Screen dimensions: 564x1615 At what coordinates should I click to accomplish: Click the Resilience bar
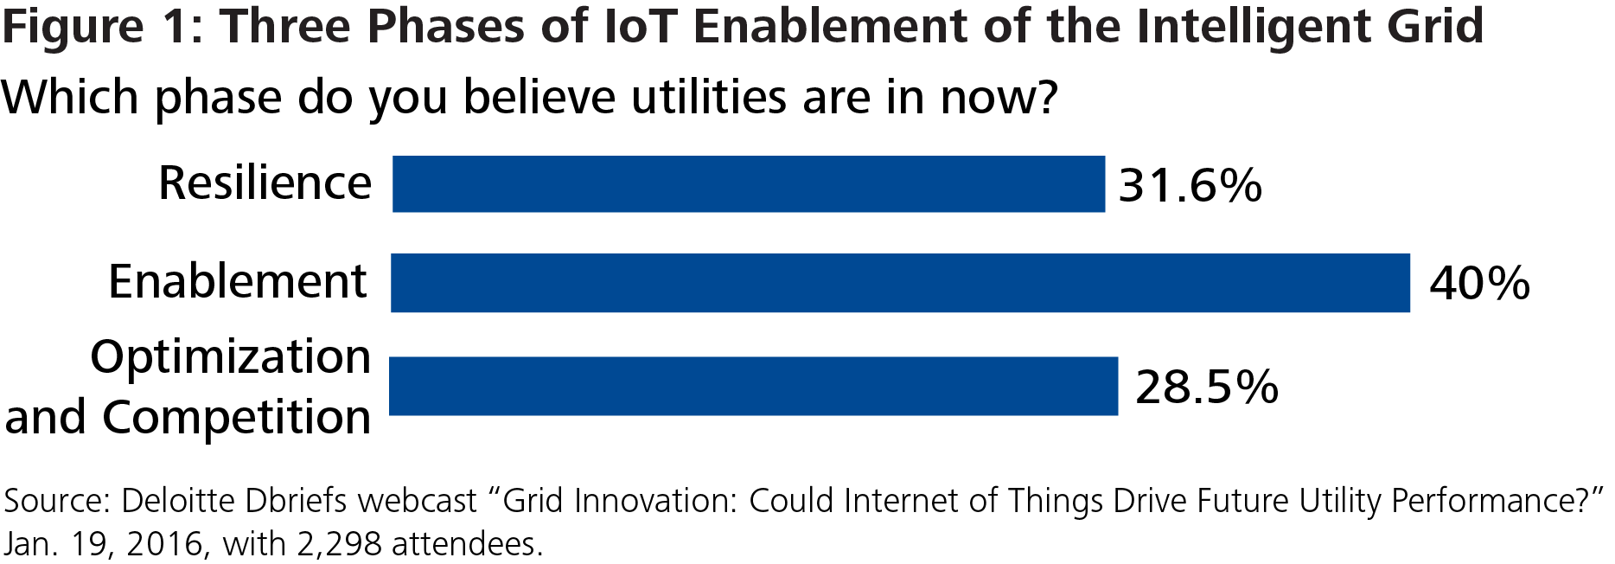[x=748, y=184]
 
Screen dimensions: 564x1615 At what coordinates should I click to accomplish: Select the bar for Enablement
[x=899, y=283]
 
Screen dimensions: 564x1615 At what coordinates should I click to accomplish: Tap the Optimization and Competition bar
[x=752, y=387]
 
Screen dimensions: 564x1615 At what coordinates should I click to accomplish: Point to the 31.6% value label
[x=1190, y=185]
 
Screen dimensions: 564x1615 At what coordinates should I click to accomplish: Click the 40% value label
[x=1478, y=284]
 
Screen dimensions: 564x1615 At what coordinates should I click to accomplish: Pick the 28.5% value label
[x=1206, y=387]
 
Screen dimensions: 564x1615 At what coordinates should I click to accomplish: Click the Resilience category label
[x=265, y=183]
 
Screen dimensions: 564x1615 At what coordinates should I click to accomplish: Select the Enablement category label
[x=238, y=282]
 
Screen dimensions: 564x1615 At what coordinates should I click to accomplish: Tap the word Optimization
[x=231, y=357]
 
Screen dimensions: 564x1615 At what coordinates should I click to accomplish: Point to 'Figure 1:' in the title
[x=102, y=26]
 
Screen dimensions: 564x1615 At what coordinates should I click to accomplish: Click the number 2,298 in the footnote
[x=339, y=544]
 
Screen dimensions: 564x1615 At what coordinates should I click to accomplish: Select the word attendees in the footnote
[x=467, y=544]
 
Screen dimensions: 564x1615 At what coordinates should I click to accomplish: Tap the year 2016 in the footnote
[x=164, y=544]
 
